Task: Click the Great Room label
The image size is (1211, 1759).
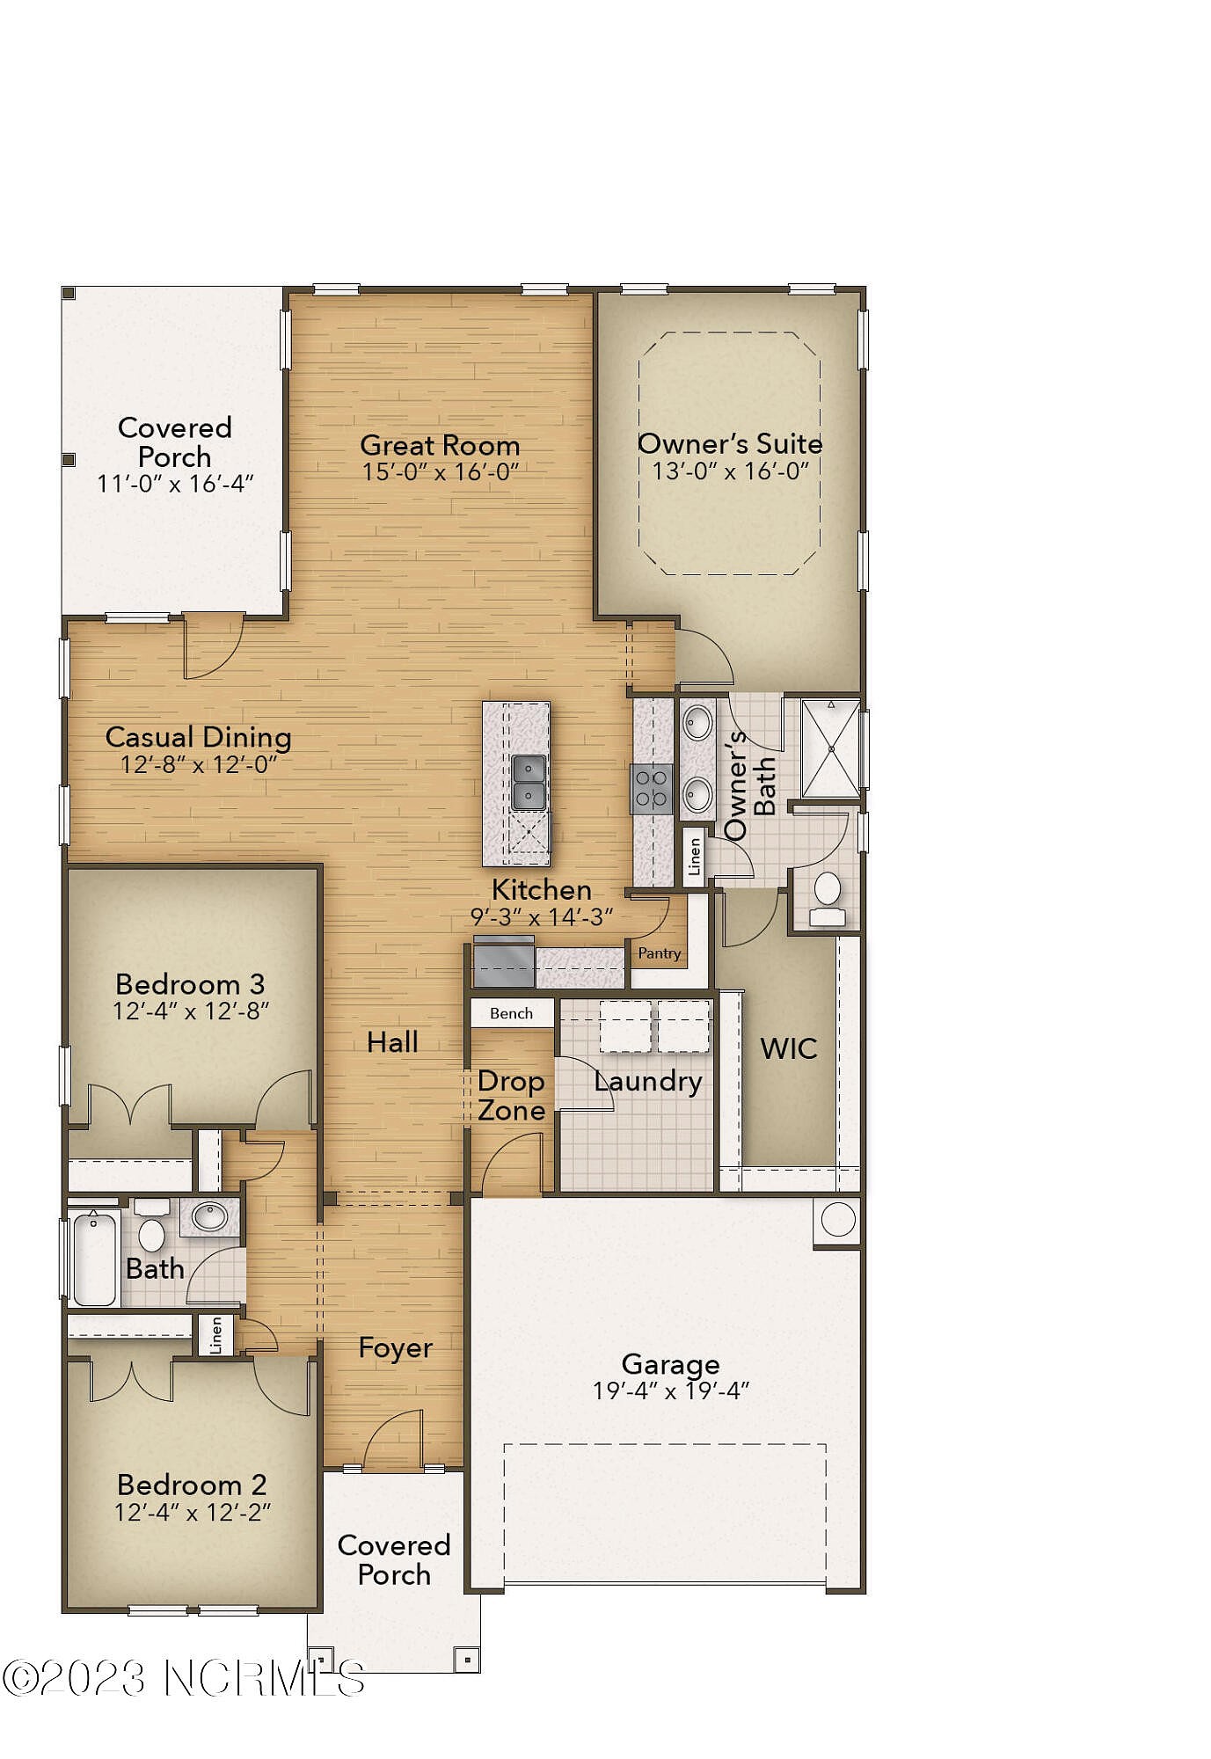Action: [440, 445]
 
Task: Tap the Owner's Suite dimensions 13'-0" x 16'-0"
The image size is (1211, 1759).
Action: [730, 471]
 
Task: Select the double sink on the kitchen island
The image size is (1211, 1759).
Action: [529, 783]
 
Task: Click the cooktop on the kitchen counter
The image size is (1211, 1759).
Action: [652, 788]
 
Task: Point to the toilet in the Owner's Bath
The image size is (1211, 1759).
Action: [827, 899]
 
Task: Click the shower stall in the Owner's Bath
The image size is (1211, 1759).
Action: [831, 748]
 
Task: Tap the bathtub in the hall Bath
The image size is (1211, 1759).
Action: [94, 1259]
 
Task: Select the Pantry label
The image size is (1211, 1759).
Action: [660, 953]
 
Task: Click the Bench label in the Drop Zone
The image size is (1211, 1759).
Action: [511, 1013]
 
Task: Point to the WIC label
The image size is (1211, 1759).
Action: [788, 1048]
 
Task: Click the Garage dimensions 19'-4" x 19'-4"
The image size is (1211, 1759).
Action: [670, 1390]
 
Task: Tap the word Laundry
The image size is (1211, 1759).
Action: [648, 1081]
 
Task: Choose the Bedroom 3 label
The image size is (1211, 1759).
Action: [190, 983]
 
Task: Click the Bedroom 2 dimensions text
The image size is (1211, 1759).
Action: [193, 1512]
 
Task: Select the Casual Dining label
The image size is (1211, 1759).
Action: [198, 737]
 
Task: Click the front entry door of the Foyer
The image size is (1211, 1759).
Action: [393, 1442]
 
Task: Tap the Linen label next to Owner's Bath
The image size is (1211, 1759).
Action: [694, 857]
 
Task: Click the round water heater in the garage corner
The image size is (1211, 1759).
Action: [837, 1220]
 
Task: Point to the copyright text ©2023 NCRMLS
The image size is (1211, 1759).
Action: [183, 1678]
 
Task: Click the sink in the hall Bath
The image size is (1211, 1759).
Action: [210, 1217]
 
